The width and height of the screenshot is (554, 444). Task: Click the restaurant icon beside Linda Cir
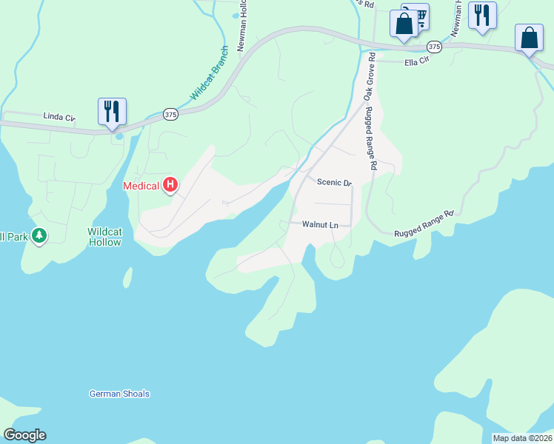(112, 112)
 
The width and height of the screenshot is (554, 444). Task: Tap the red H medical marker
(170, 184)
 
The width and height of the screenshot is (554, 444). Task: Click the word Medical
(141, 185)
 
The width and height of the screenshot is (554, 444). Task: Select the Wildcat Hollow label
(104, 237)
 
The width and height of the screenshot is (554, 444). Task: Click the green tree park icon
(39, 237)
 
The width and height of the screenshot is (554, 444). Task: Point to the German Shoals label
(119, 394)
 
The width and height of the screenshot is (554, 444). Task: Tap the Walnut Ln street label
(320, 224)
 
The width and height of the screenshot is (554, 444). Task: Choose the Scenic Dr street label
(333, 182)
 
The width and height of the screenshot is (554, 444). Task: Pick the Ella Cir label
(417, 61)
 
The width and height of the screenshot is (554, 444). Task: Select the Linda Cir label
(59, 117)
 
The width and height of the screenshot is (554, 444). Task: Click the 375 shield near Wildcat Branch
(171, 114)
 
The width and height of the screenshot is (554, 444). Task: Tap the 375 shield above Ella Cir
(435, 47)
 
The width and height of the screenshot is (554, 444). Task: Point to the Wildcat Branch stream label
(210, 73)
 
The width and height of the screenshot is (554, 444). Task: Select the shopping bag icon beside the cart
(404, 23)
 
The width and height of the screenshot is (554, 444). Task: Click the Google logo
(24, 435)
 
